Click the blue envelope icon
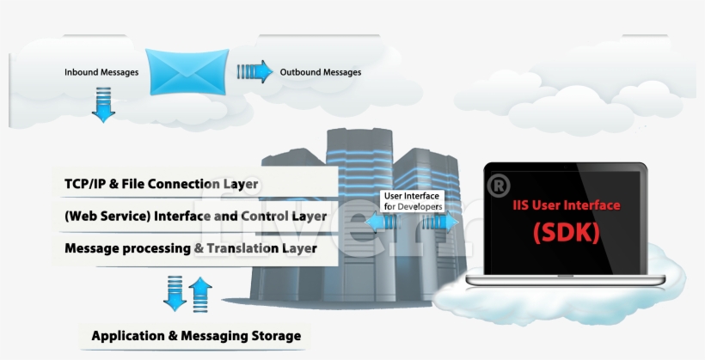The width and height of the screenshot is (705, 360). (x=187, y=71)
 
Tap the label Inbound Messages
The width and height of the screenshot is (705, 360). (x=101, y=72)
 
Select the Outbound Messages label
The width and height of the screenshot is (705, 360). (x=321, y=72)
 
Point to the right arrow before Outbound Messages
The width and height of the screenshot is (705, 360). (x=254, y=71)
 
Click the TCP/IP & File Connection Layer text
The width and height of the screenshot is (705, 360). (x=162, y=184)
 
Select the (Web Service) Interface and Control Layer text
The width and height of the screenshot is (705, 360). (x=195, y=216)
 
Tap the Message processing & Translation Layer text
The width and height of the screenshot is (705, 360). (x=191, y=247)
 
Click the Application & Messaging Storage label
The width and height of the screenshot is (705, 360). (x=196, y=335)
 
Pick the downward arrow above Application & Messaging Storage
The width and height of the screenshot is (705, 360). (x=175, y=292)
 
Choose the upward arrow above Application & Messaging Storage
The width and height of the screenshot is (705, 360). (x=199, y=292)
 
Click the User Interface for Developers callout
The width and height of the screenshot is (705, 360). (x=413, y=202)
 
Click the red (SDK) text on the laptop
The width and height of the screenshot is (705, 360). (x=566, y=232)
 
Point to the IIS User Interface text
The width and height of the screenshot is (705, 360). (x=566, y=205)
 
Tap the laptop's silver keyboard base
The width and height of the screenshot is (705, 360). (x=565, y=281)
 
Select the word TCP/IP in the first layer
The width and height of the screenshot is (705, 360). (x=84, y=184)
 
